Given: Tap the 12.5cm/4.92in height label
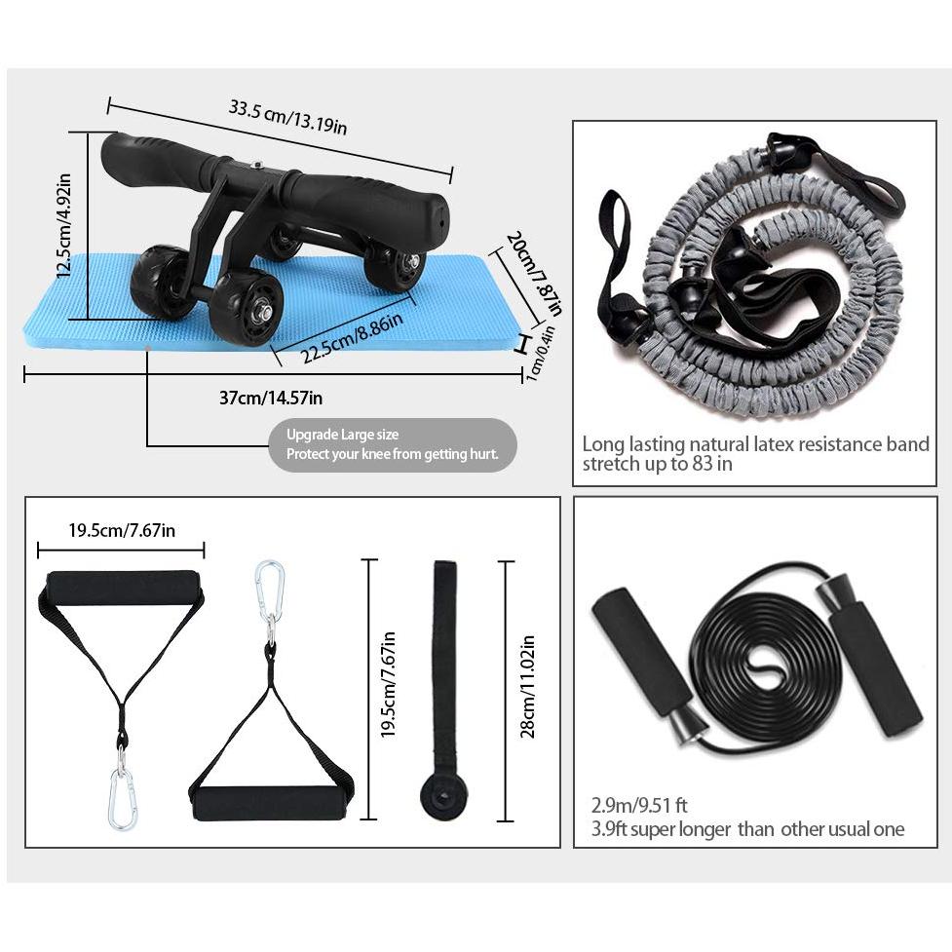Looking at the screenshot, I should (x=64, y=227).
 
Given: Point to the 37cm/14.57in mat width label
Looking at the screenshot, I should (x=271, y=397).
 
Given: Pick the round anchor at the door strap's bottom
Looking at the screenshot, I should (x=443, y=796).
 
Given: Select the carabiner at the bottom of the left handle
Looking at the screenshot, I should (x=122, y=798).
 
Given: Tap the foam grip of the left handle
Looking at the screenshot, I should (x=122, y=588).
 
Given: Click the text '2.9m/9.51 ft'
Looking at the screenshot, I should (x=639, y=806).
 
